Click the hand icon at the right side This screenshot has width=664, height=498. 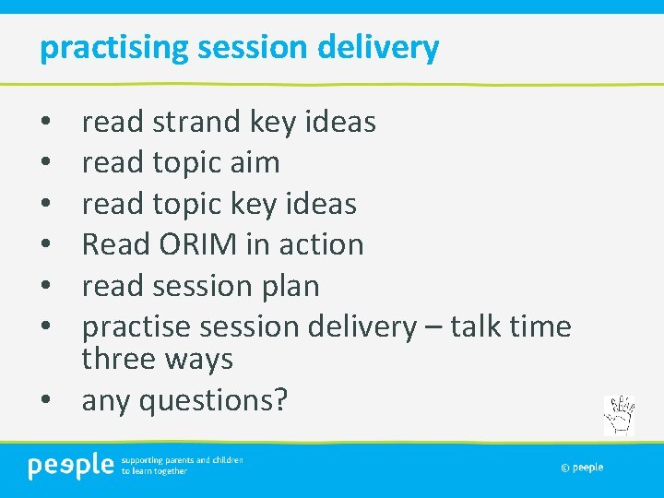point(619,415)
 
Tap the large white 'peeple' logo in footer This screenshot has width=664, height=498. point(70,467)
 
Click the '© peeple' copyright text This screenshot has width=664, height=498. point(581,468)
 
